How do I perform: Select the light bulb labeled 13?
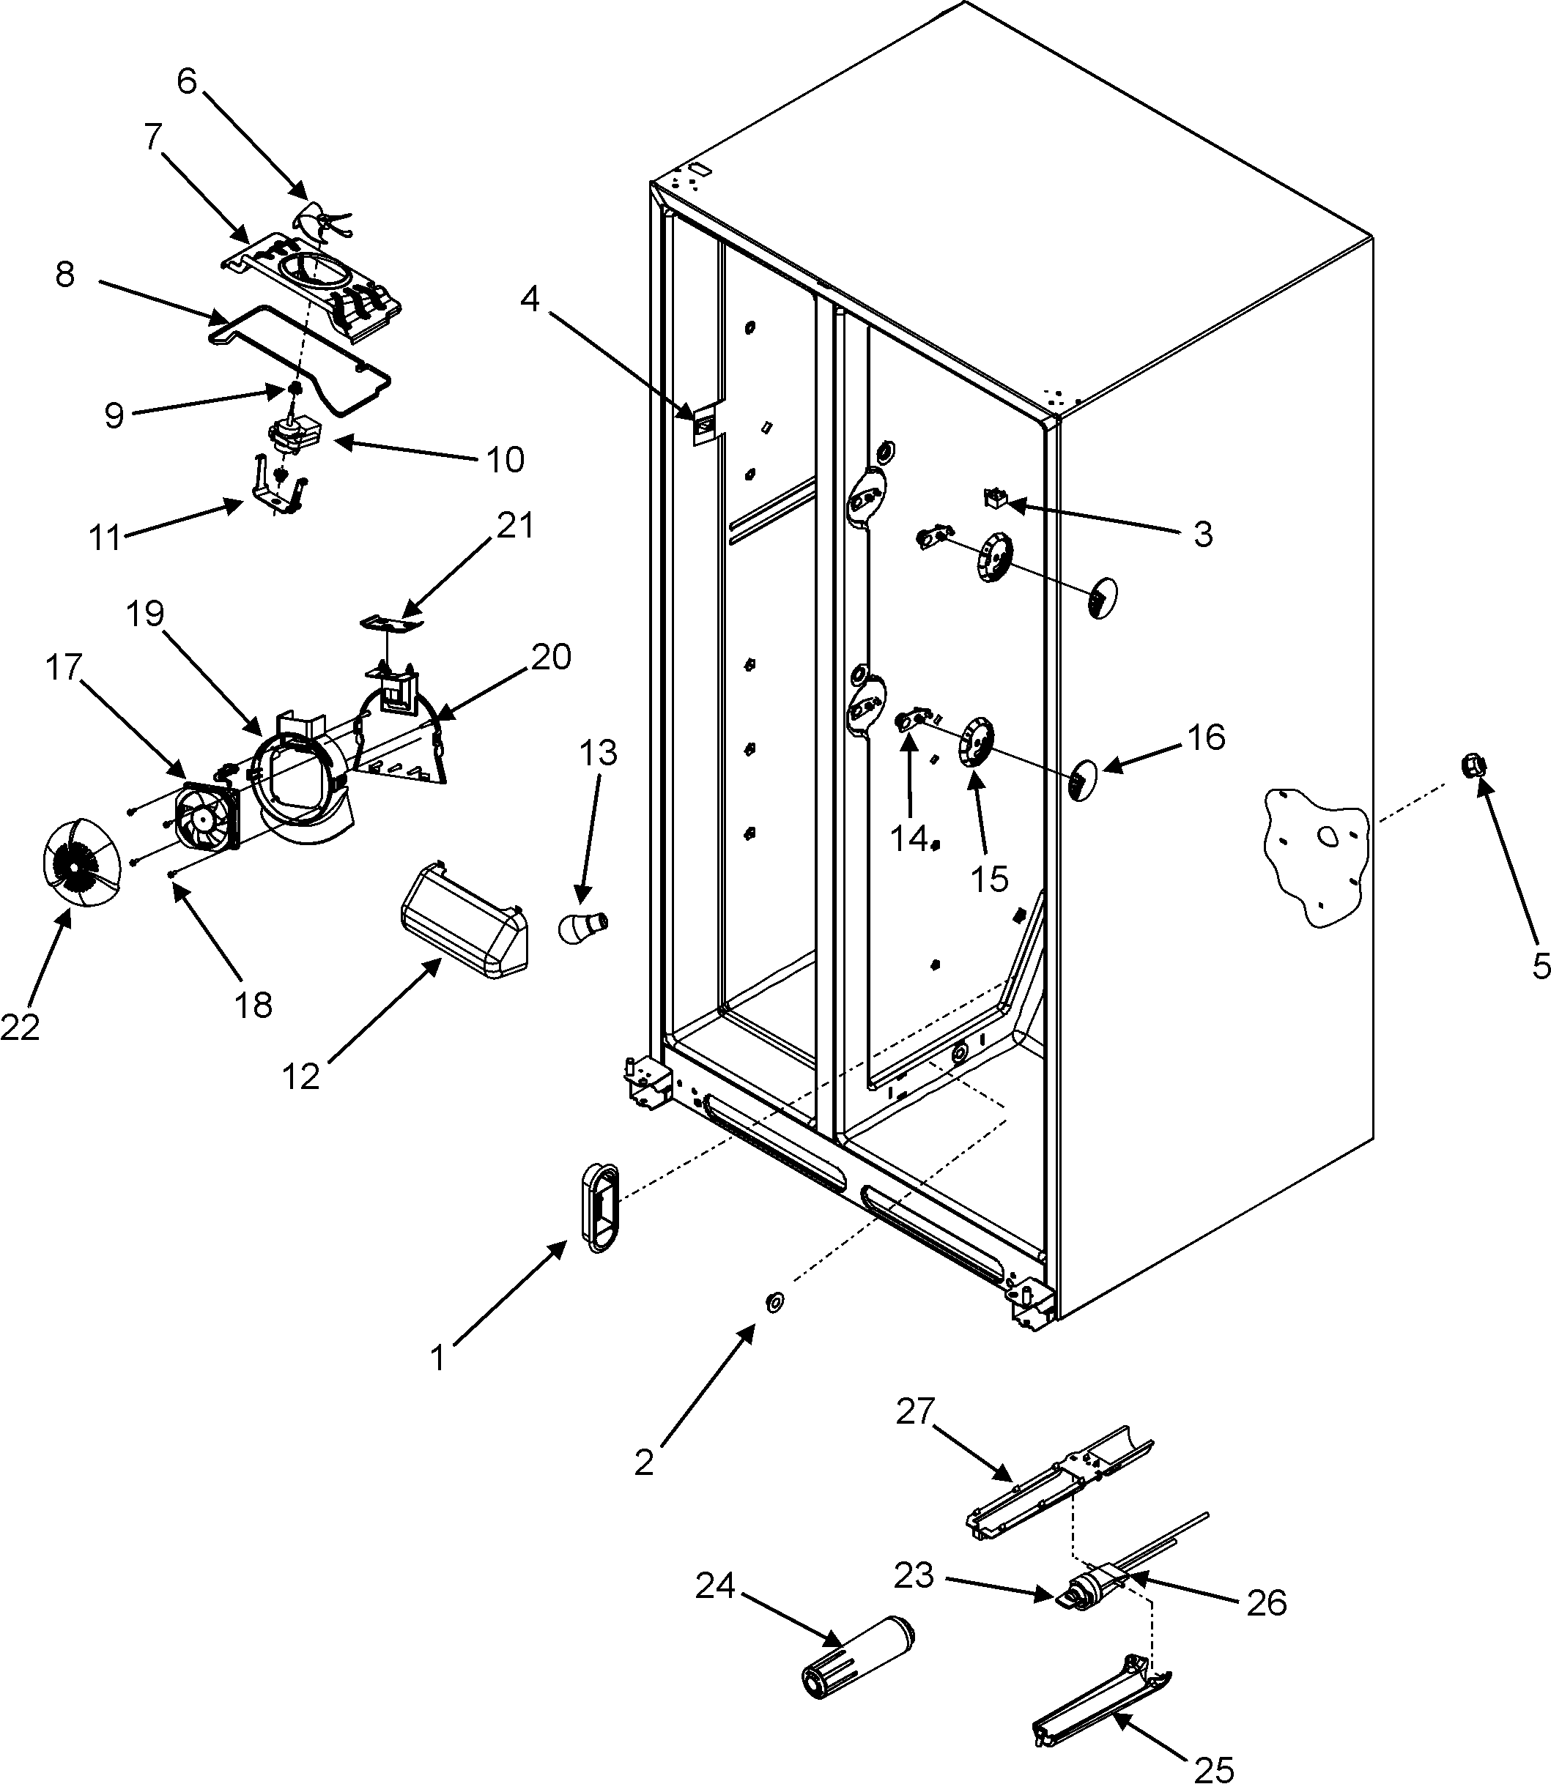click(x=582, y=929)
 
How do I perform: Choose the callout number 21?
click(x=514, y=525)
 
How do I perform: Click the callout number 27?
click(x=915, y=1412)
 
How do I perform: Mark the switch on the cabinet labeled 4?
click(x=705, y=425)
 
